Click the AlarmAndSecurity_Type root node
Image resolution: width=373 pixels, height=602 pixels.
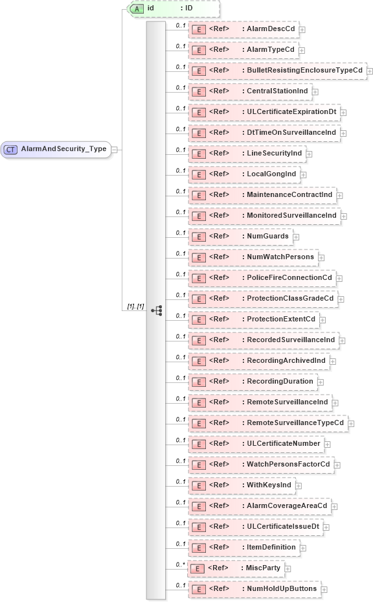pos(55,149)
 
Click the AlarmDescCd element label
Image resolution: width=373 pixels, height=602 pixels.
pos(271,29)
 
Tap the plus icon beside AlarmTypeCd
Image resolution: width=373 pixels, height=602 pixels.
pos(301,50)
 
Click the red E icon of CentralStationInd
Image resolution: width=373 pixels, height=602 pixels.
pos(200,91)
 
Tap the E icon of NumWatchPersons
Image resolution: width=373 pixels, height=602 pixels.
pos(200,257)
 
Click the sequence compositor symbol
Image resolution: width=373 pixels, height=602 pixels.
pos(157,310)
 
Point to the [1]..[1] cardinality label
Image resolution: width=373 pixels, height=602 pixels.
pos(135,306)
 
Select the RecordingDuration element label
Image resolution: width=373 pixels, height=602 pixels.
pos(280,381)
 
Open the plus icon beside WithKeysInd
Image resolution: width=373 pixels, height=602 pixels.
pos(298,485)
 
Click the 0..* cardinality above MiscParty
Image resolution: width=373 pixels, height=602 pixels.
pos(181,564)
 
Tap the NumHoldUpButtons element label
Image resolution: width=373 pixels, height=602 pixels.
pos(282,588)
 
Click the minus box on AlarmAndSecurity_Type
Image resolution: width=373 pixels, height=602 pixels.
pos(115,149)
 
